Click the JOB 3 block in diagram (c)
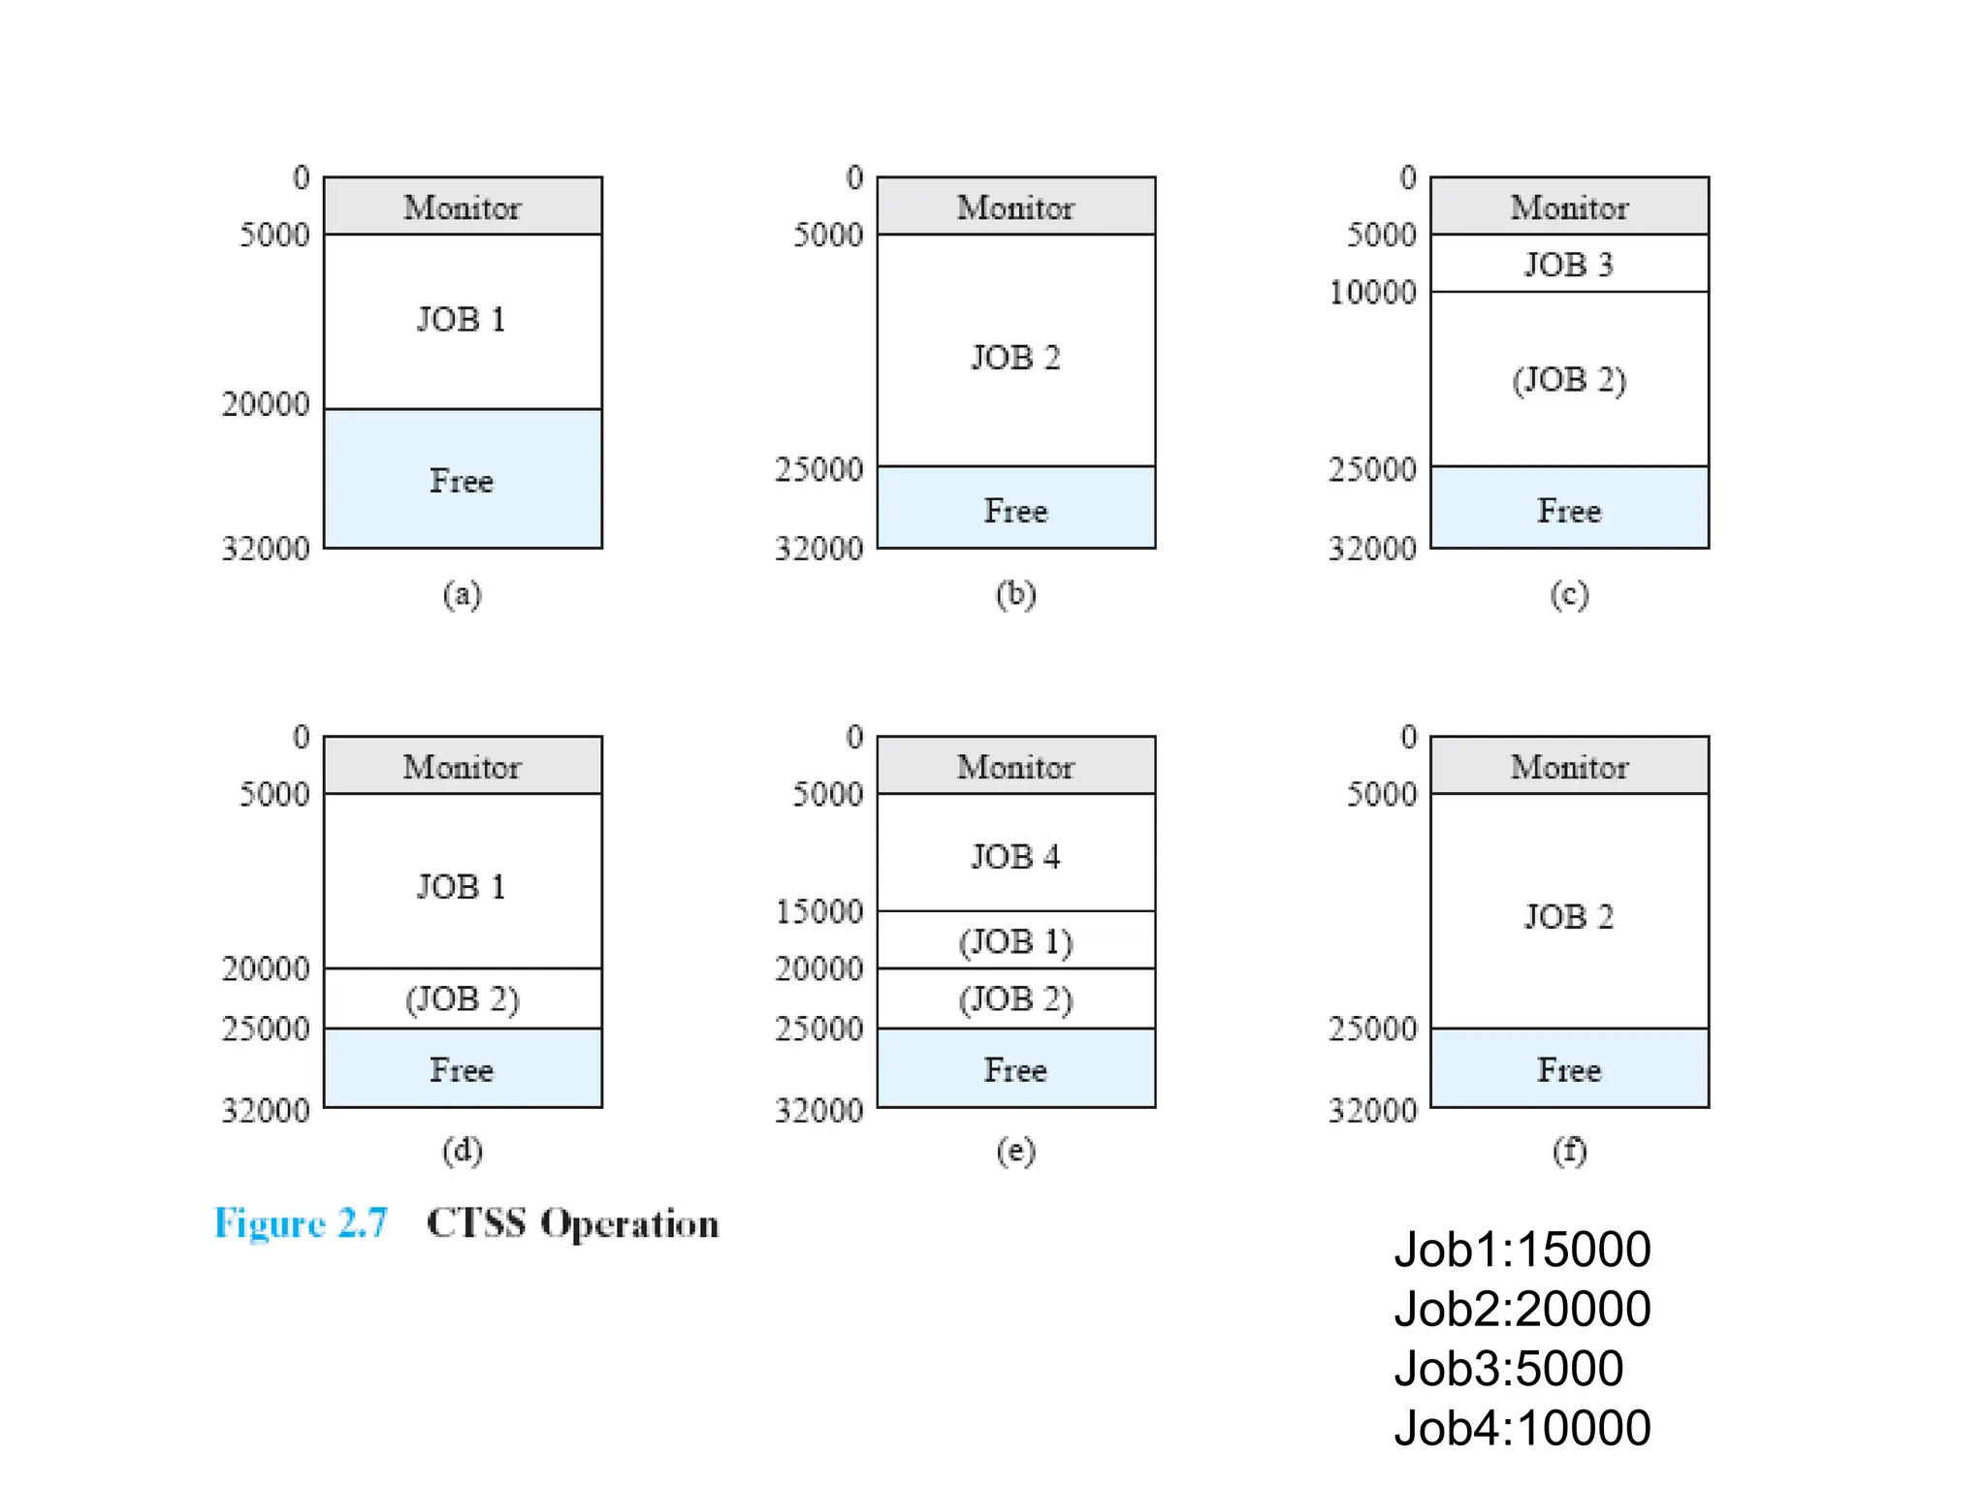1568,264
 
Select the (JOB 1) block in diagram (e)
1015,940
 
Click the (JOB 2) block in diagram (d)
463,998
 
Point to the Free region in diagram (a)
463,480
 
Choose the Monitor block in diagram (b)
1015,206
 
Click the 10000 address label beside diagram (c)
1372,292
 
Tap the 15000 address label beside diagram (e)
818,911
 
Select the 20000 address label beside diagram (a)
266,404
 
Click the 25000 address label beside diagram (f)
1372,1029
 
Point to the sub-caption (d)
463,1151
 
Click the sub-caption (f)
1569,1151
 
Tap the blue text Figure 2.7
301,1223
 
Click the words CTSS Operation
572,1223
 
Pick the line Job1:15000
1522,1250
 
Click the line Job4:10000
1522,1428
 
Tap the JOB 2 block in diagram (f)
1568,915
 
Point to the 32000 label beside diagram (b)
818,549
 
